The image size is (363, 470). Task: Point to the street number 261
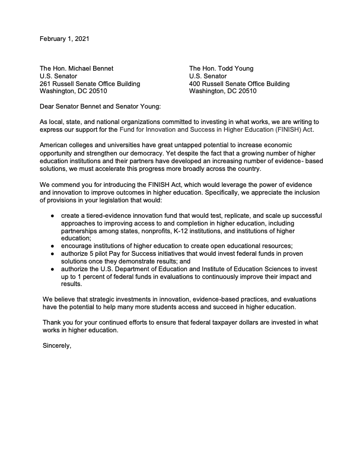click(46, 84)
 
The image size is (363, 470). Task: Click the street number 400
click(195, 84)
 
